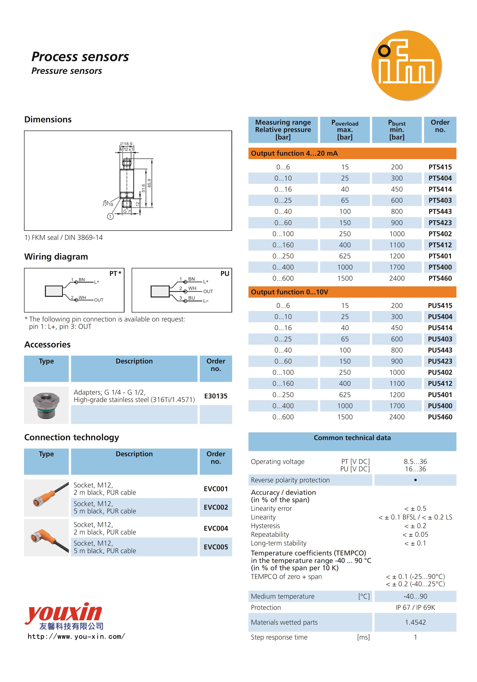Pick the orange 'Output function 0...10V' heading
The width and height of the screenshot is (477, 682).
point(290,292)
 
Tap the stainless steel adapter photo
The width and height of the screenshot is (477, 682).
point(46,405)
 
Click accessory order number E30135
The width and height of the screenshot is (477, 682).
point(216,396)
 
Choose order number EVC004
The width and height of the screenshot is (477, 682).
point(216,528)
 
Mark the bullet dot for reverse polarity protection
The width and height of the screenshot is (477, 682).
point(415,480)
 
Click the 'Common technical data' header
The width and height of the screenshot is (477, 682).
point(352,438)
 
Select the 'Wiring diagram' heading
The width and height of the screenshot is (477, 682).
point(56,257)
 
